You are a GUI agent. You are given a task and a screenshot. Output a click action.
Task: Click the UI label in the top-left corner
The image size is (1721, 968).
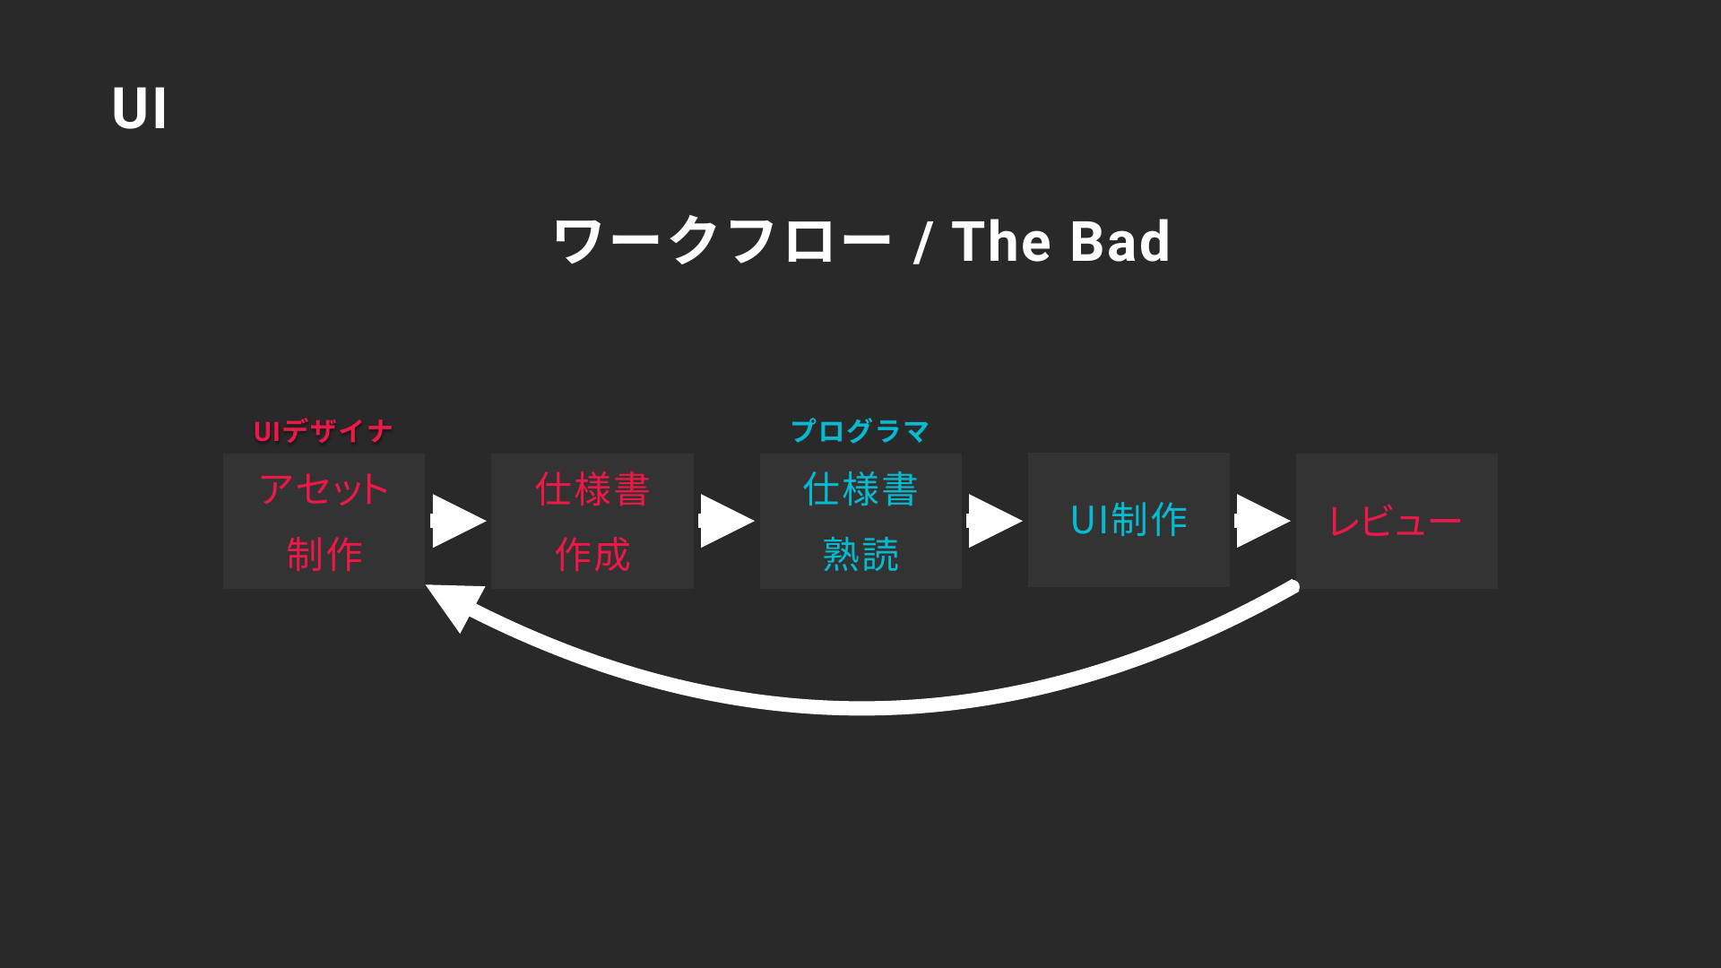140,109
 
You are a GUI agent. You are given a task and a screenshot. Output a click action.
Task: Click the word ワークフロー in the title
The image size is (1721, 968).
722,241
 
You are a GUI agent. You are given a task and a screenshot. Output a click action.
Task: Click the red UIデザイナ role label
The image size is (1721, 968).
323,432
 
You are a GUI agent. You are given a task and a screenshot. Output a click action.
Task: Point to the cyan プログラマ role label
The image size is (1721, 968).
860,432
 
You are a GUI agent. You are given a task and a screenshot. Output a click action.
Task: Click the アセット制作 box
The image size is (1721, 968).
324,521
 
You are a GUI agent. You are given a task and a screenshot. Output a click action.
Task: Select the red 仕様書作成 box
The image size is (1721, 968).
592,521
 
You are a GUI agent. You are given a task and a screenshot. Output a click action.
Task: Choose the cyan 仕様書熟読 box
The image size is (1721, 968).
860,521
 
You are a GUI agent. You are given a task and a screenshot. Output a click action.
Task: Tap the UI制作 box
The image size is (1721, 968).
1129,520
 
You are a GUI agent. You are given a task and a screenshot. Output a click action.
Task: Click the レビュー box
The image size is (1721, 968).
1397,521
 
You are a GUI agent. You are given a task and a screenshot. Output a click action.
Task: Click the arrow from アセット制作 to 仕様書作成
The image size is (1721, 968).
458,521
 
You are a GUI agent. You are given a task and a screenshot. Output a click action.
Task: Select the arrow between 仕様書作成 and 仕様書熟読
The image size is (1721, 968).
726,521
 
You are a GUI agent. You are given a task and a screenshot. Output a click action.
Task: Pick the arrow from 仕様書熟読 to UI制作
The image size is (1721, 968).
994,521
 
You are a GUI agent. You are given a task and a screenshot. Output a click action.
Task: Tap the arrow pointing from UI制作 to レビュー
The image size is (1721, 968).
1262,521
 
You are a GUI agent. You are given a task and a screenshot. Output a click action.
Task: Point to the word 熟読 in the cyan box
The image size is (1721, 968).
860,555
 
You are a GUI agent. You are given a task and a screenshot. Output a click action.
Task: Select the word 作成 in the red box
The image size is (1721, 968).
592,555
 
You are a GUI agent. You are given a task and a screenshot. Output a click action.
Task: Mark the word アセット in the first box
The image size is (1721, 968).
324,489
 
